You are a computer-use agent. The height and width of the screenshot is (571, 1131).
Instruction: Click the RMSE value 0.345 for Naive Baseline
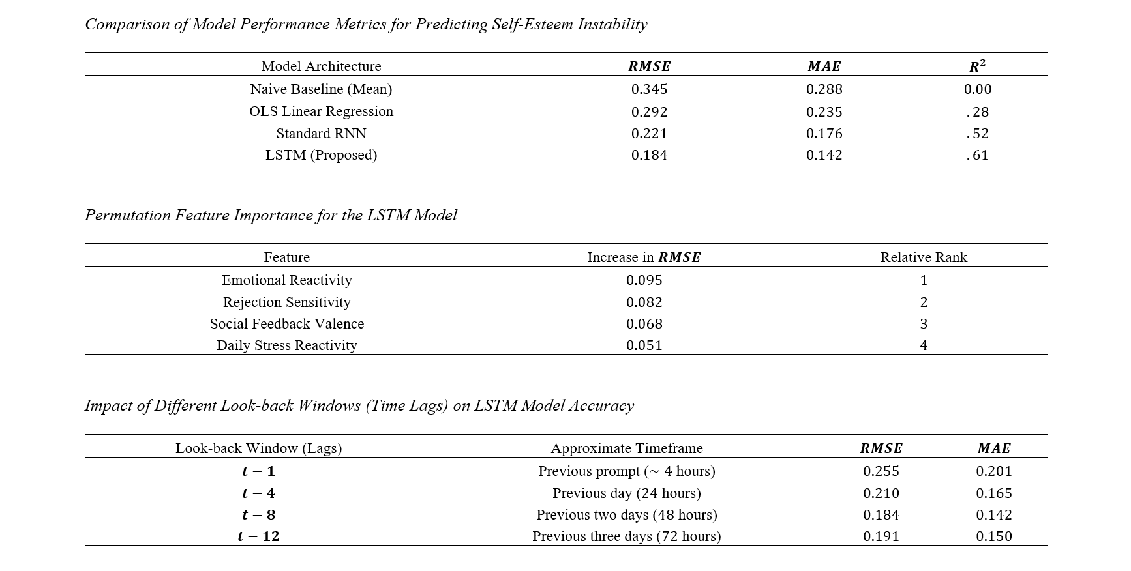tap(649, 89)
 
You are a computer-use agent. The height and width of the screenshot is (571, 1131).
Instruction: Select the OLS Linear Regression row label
tap(321, 111)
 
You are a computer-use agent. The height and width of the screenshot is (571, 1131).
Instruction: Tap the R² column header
tap(977, 66)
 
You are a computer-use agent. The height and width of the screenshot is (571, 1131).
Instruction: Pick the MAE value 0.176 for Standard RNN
tap(824, 134)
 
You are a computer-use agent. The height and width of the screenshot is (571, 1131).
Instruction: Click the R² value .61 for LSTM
tap(977, 155)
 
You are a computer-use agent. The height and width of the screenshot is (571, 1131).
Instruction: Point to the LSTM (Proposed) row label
tap(321, 155)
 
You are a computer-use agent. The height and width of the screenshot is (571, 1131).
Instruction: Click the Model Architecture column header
tap(321, 66)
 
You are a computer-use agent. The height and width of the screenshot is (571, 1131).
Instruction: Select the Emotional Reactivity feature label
tap(286, 280)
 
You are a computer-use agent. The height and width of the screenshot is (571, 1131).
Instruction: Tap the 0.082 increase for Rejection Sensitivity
tap(644, 302)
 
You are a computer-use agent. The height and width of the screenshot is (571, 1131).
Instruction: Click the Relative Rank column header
tap(923, 257)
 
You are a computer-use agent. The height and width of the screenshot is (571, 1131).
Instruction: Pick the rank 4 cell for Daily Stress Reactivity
tap(923, 345)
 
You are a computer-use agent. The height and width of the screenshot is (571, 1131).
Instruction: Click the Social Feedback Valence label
tap(286, 324)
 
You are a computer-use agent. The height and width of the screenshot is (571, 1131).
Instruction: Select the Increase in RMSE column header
tap(644, 257)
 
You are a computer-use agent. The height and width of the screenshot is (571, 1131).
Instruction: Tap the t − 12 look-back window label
tap(258, 536)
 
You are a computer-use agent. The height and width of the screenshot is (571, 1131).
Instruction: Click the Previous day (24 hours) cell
tap(626, 493)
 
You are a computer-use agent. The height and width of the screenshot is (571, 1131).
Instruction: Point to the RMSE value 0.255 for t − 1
tap(881, 471)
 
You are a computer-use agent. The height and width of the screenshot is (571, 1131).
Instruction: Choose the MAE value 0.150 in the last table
tap(993, 536)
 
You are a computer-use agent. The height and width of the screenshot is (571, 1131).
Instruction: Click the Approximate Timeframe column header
tap(626, 448)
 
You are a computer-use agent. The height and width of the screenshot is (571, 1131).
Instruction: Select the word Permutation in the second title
tap(127, 216)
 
